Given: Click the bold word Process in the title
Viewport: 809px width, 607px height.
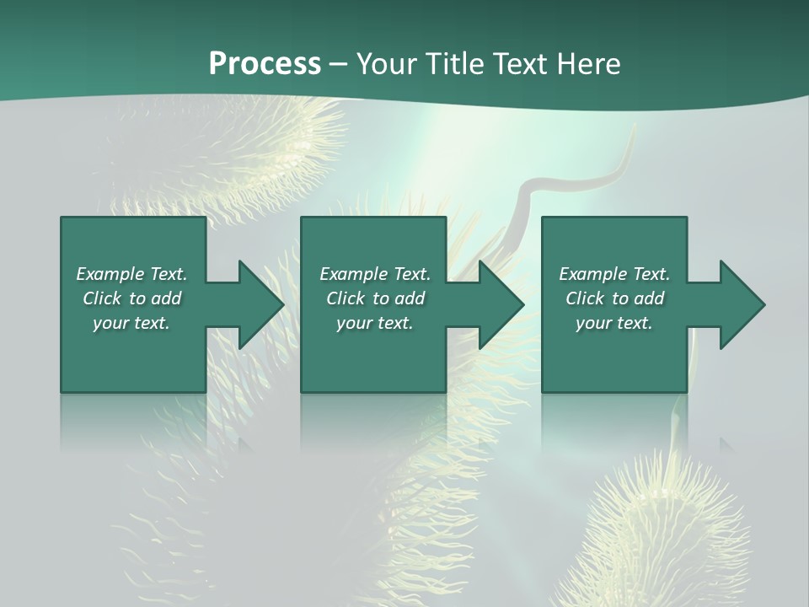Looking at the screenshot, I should [265, 64].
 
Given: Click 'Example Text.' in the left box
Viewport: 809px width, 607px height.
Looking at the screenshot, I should [131, 274].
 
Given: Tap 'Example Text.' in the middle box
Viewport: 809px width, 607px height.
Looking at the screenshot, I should [375, 274].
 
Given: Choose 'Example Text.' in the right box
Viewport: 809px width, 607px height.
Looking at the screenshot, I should [614, 274].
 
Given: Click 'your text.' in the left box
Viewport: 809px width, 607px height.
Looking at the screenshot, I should [131, 323].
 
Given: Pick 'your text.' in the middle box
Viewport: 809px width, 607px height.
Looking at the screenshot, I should [375, 323].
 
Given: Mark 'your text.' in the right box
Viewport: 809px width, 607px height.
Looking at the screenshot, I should [614, 323].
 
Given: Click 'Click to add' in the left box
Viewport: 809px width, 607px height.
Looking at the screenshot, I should [131, 298].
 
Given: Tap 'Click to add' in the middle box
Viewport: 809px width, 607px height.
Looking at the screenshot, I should [375, 298].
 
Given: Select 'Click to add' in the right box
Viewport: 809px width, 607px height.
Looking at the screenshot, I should [614, 298].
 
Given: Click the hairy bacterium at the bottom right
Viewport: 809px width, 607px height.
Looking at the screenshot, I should [666, 523].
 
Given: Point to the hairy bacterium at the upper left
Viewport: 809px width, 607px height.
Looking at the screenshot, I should [253, 152].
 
